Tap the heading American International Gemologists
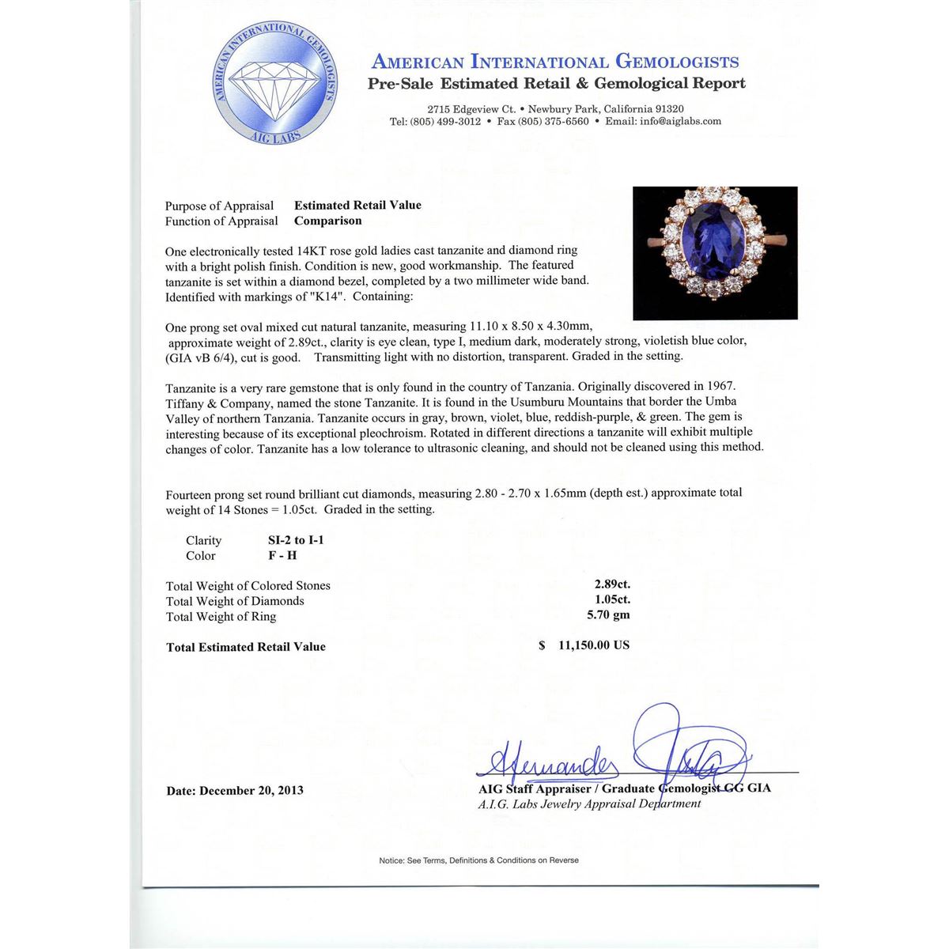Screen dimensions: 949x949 coord(555,62)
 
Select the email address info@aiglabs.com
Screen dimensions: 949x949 coord(681,122)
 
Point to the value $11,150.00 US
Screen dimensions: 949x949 coord(584,645)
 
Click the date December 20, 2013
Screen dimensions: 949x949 coord(235,790)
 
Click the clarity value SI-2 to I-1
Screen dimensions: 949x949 coord(296,540)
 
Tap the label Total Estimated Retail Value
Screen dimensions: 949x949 coord(246,647)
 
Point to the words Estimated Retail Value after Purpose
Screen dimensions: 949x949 coord(357,205)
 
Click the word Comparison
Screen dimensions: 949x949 coord(328,221)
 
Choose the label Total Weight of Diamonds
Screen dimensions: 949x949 coord(235,601)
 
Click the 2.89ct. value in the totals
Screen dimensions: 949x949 coord(612,585)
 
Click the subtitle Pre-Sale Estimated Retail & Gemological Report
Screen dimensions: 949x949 coord(556,84)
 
